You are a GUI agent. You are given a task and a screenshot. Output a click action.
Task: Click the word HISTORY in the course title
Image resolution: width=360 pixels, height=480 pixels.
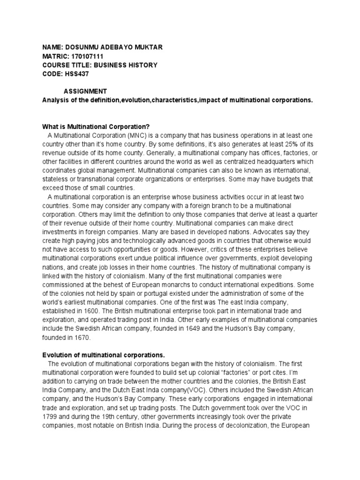pos(141,65)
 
